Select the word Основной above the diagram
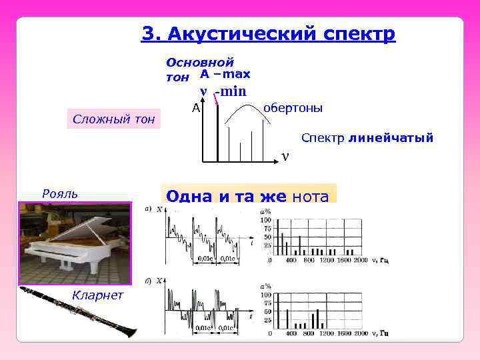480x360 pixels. coord(200,63)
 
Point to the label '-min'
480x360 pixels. coord(230,92)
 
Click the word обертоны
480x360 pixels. coord(293,108)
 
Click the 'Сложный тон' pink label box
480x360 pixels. coord(113,119)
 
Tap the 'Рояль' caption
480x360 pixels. coord(59,193)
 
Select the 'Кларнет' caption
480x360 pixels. coord(97,295)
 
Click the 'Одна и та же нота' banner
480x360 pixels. coord(247,196)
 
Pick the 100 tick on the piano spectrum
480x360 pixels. coord(266,220)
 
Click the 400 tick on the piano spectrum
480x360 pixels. coord(291,259)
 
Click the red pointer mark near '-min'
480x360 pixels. coord(217,99)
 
